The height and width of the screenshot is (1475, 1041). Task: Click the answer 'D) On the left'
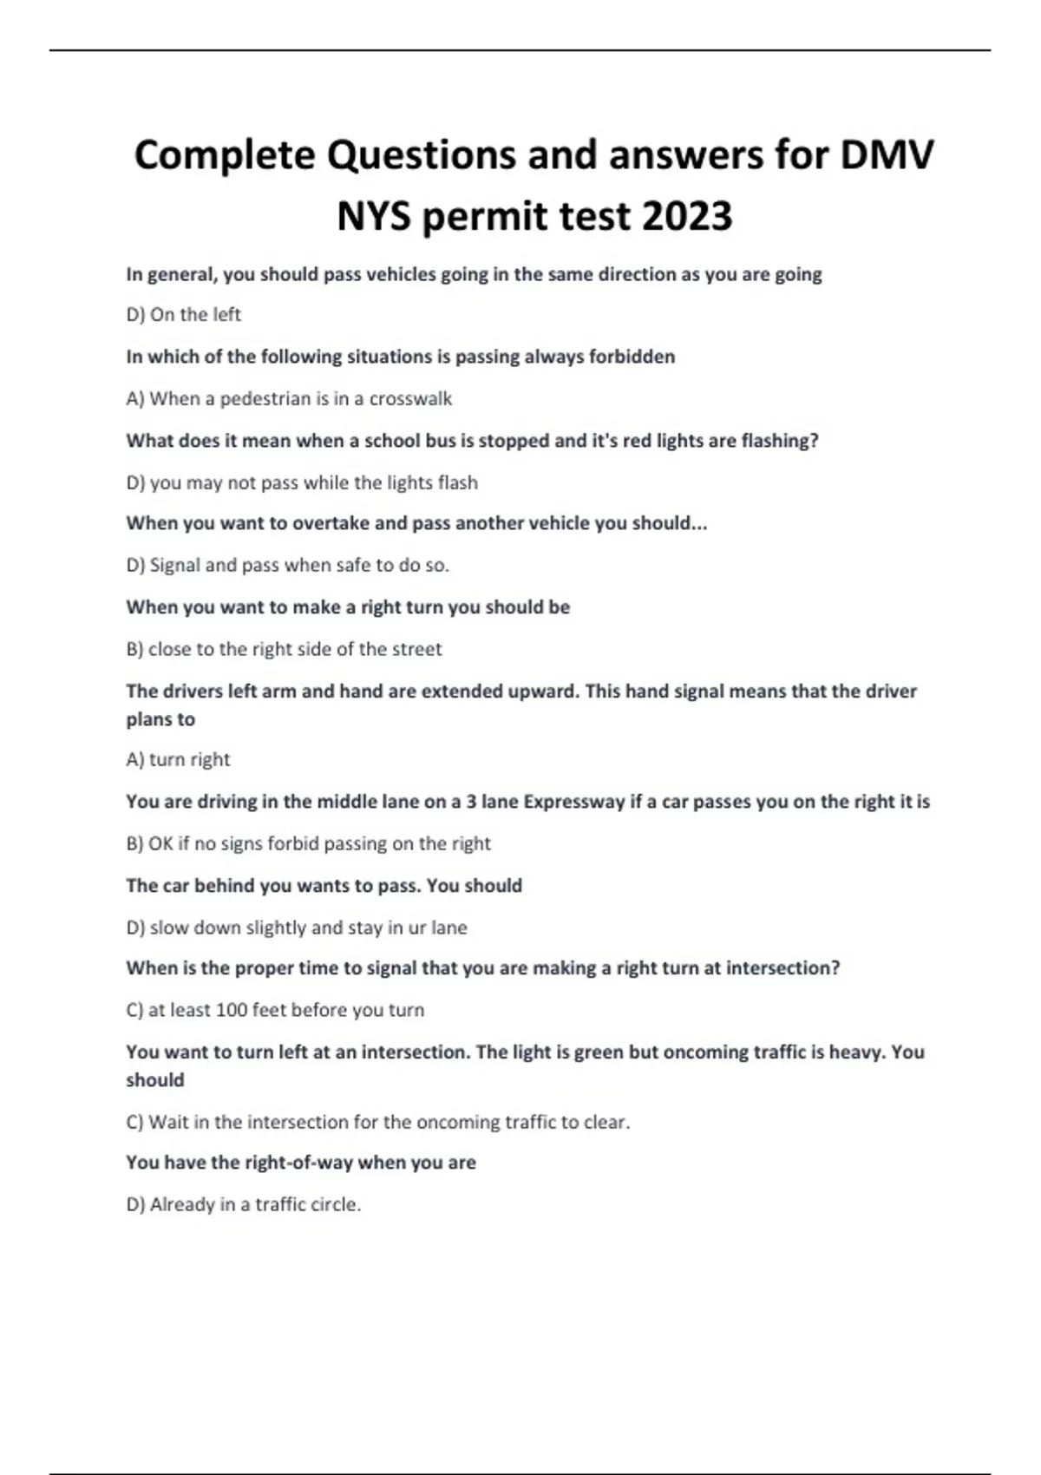(183, 314)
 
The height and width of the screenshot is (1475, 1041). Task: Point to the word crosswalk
(410, 399)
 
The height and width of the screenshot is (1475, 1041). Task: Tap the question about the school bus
(472, 441)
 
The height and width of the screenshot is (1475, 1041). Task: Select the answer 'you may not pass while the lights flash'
(302, 482)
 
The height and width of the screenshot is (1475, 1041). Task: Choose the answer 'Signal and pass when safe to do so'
(287, 566)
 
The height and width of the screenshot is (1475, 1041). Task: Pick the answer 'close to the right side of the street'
(284, 649)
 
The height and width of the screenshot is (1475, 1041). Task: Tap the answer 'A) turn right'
(178, 760)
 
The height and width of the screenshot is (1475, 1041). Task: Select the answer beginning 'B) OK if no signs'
(308, 843)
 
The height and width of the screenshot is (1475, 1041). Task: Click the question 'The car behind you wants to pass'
(324, 886)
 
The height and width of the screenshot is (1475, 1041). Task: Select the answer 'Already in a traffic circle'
(243, 1204)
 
